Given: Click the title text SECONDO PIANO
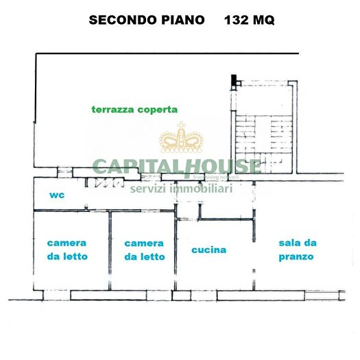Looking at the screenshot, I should click(x=147, y=20).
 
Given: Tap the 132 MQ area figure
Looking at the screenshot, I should click(x=250, y=20).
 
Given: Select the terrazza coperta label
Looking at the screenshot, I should click(x=135, y=109).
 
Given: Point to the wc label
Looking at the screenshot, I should click(x=56, y=195).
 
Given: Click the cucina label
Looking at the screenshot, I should click(x=208, y=250).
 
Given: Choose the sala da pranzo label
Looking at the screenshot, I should click(x=296, y=250).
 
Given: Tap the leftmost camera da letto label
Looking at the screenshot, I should click(x=67, y=250).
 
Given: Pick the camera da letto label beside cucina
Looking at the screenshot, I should click(x=144, y=250).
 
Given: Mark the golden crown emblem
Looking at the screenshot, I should click(x=182, y=139).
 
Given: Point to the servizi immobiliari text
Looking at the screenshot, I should click(x=182, y=188).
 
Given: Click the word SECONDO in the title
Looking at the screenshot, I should click(x=119, y=20).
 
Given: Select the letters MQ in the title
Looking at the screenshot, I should click(x=263, y=20).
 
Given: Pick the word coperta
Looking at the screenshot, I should click(x=158, y=110).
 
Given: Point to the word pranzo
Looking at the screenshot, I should click(x=296, y=257).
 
